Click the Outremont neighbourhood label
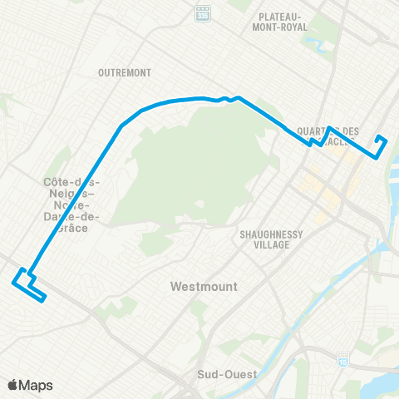[124, 72]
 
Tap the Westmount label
[203, 286]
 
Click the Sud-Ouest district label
[226, 374]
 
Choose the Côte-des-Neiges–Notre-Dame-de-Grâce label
[71, 199]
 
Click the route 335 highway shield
[202, 14]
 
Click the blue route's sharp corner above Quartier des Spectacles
[330, 128]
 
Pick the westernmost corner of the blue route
[12, 283]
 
